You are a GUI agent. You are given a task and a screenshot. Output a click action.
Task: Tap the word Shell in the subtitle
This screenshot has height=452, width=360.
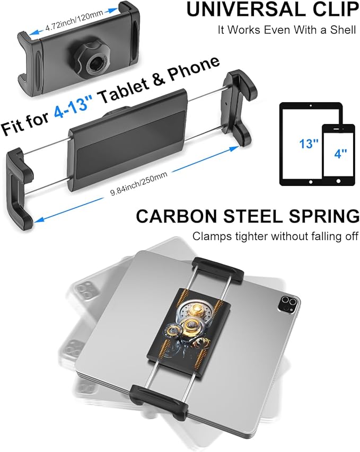(342, 30)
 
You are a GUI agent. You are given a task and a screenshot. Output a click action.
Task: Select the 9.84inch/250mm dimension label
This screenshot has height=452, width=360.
(139, 184)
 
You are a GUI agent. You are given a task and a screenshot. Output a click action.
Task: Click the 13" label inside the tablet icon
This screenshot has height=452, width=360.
(309, 144)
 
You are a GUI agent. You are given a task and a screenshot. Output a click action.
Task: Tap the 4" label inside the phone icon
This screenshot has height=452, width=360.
(340, 153)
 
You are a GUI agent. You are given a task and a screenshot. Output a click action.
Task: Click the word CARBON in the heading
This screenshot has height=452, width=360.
(177, 216)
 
